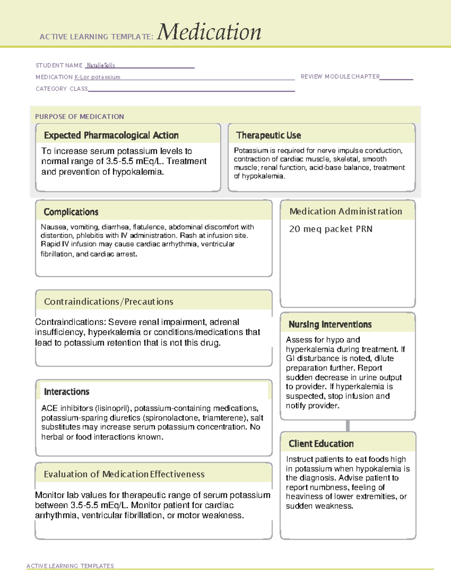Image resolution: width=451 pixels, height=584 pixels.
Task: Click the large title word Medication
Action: (x=209, y=32)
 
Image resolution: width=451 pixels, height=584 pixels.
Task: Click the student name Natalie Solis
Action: (x=101, y=65)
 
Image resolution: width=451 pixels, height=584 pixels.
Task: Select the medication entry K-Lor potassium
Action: (x=97, y=77)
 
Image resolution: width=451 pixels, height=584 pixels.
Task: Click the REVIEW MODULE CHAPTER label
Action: (x=340, y=77)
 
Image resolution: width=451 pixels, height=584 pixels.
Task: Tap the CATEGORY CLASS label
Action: (x=62, y=89)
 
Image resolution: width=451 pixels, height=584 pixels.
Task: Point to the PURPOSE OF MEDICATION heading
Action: (x=79, y=117)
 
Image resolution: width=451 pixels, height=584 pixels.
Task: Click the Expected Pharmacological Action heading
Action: (x=111, y=135)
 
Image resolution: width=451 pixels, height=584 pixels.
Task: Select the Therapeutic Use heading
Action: (x=268, y=135)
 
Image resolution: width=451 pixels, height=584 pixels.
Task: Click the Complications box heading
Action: (x=71, y=212)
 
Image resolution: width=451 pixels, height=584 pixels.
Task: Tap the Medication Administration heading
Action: (x=345, y=211)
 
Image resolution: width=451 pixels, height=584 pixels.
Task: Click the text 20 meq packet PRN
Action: (x=330, y=229)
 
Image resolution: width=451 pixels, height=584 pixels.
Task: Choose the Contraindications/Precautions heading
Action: (x=109, y=302)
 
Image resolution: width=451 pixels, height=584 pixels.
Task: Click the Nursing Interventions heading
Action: (x=330, y=325)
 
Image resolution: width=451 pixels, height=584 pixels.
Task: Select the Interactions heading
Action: (x=67, y=392)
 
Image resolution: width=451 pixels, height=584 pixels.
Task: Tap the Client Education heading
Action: (x=321, y=444)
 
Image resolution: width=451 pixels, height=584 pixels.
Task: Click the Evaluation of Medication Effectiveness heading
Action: (x=124, y=474)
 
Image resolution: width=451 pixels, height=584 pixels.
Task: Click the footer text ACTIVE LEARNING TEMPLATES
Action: (x=70, y=566)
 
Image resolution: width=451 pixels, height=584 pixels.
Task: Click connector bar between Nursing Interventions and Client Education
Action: (x=348, y=426)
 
